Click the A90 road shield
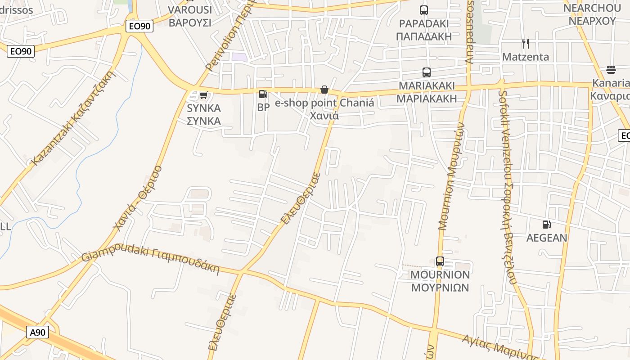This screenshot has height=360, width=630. click(38, 333)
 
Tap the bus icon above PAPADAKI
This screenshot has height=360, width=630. click(423, 10)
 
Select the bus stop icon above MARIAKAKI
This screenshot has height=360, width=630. click(426, 72)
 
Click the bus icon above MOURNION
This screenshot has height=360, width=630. click(440, 261)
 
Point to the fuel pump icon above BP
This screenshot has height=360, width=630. click(263, 94)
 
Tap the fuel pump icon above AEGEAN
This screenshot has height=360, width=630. click(546, 224)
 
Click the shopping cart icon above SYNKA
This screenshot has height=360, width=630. click(203, 95)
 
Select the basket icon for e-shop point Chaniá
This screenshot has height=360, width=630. click(324, 90)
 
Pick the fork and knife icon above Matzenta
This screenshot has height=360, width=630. click(525, 43)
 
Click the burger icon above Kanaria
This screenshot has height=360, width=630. click(611, 69)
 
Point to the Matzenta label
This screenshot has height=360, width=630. click(525, 57)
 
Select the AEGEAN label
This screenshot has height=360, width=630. click(547, 238)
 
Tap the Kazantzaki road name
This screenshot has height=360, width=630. click(72, 118)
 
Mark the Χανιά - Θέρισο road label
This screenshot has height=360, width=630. click(138, 198)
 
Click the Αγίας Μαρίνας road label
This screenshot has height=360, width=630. click(499, 346)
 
